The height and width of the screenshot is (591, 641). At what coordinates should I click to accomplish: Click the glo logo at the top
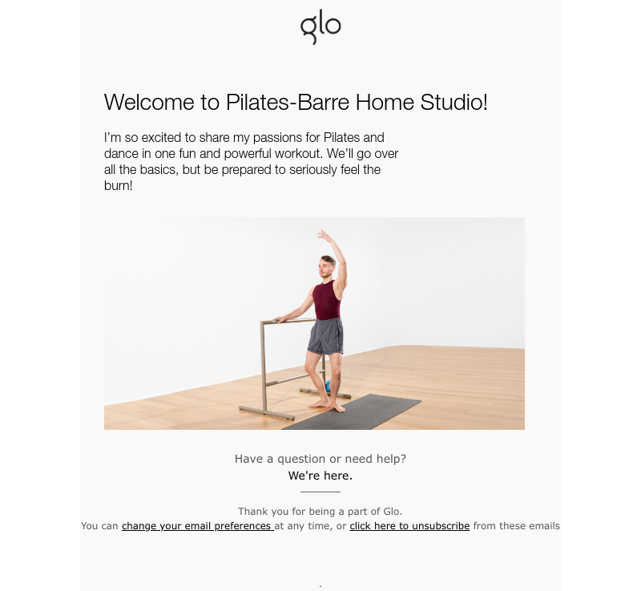click(320, 26)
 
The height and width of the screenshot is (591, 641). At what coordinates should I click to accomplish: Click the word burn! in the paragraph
click(119, 186)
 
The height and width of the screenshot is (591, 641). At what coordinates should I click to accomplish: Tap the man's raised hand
click(322, 234)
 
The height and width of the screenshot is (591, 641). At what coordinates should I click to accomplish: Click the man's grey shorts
click(326, 336)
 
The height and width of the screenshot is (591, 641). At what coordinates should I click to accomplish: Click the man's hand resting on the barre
click(277, 320)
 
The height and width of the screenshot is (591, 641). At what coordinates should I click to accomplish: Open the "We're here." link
click(320, 476)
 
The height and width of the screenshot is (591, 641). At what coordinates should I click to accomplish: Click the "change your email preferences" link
click(197, 526)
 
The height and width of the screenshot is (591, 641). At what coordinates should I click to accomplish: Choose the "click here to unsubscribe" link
click(409, 526)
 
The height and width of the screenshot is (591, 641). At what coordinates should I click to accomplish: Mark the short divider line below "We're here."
click(320, 492)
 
